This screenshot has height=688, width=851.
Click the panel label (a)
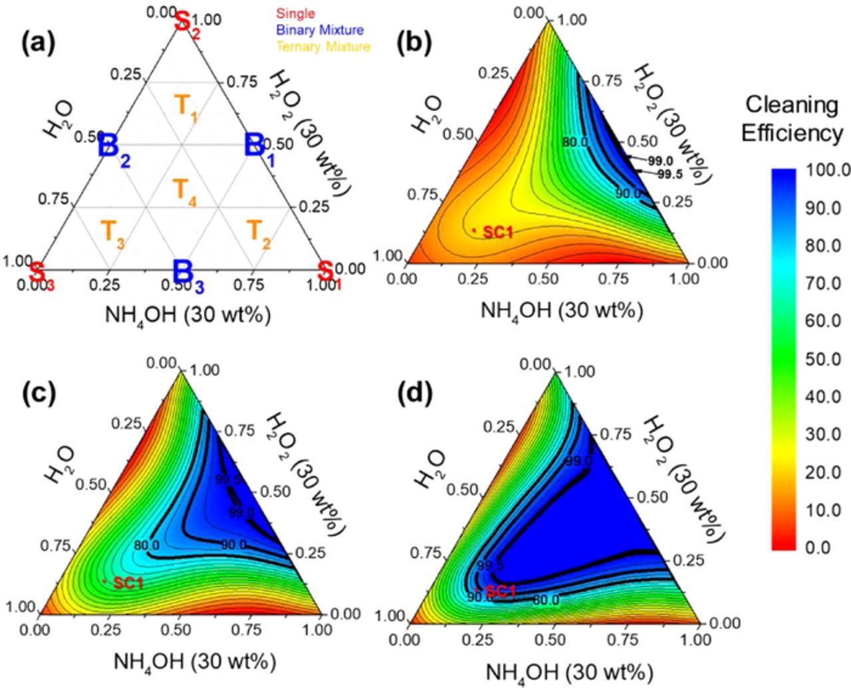click(x=38, y=45)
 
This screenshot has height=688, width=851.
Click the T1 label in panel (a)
click(x=185, y=106)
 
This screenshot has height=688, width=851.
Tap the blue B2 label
click(x=113, y=148)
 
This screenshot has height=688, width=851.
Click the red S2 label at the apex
click(x=185, y=22)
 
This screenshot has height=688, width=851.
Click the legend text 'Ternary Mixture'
click(x=323, y=47)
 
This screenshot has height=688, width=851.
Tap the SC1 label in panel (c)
click(x=128, y=583)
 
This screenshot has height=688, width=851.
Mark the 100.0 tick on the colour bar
click(x=827, y=171)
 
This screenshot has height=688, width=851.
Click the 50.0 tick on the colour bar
click(x=823, y=359)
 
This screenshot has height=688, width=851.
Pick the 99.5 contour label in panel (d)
click(x=490, y=566)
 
